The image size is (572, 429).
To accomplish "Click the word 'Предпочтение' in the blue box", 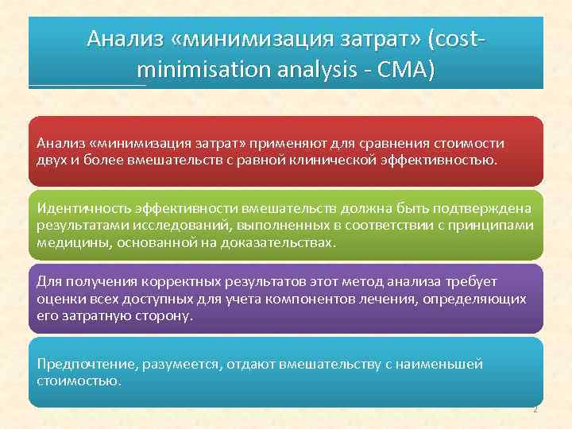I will click(85, 364).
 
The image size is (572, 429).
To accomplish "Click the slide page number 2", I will click(535, 410).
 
